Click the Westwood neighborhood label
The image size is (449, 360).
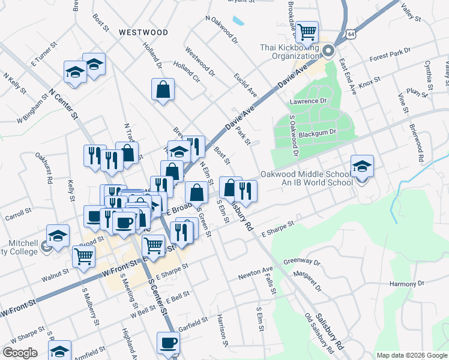click(x=143, y=32)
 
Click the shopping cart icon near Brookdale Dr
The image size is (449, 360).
click(x=307, y=31)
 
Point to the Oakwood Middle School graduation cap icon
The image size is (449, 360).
click(x=362, y=166)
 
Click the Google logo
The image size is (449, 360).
click(x=20, y=353)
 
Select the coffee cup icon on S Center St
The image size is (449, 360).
click(x=168, y=343)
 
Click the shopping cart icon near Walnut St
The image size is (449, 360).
click(x=83, y=256)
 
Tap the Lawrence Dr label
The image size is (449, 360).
click(x=308, y=101)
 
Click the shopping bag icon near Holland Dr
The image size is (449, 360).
click(x=163, y=89)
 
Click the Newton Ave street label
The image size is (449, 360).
click(x=255, y=274)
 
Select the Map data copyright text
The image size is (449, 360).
click(x=411, y=355)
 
